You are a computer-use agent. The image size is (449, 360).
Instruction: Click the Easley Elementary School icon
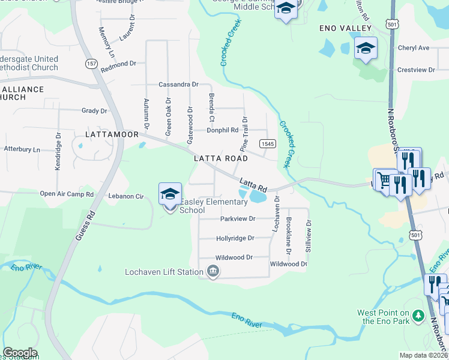click(170, 194)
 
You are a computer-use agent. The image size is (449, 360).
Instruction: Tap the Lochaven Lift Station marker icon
click(213, 272)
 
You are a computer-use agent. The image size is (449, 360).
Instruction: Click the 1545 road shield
click(268, 144)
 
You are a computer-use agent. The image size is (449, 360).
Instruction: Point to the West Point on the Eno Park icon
click(418, 316)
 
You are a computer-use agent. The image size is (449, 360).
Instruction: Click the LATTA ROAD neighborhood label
click(221, 158)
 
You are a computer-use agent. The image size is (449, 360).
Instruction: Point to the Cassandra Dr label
click(178, 85)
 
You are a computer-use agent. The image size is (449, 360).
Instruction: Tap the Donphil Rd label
click(222, 130)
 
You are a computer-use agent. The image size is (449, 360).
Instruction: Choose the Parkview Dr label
click(238, 219)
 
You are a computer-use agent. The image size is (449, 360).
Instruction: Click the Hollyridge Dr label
click(235, 238)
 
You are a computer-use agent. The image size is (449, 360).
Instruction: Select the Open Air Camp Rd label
click(67, 194)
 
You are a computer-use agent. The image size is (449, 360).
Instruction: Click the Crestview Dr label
click(416, 70)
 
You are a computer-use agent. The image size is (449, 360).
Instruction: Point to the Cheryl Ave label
click(414, 48)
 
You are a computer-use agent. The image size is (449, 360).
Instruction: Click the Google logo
click(20, 353)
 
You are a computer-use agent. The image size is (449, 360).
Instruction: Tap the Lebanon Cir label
click(126, 196)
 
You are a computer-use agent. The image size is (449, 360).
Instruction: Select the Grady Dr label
click(94, 110)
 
